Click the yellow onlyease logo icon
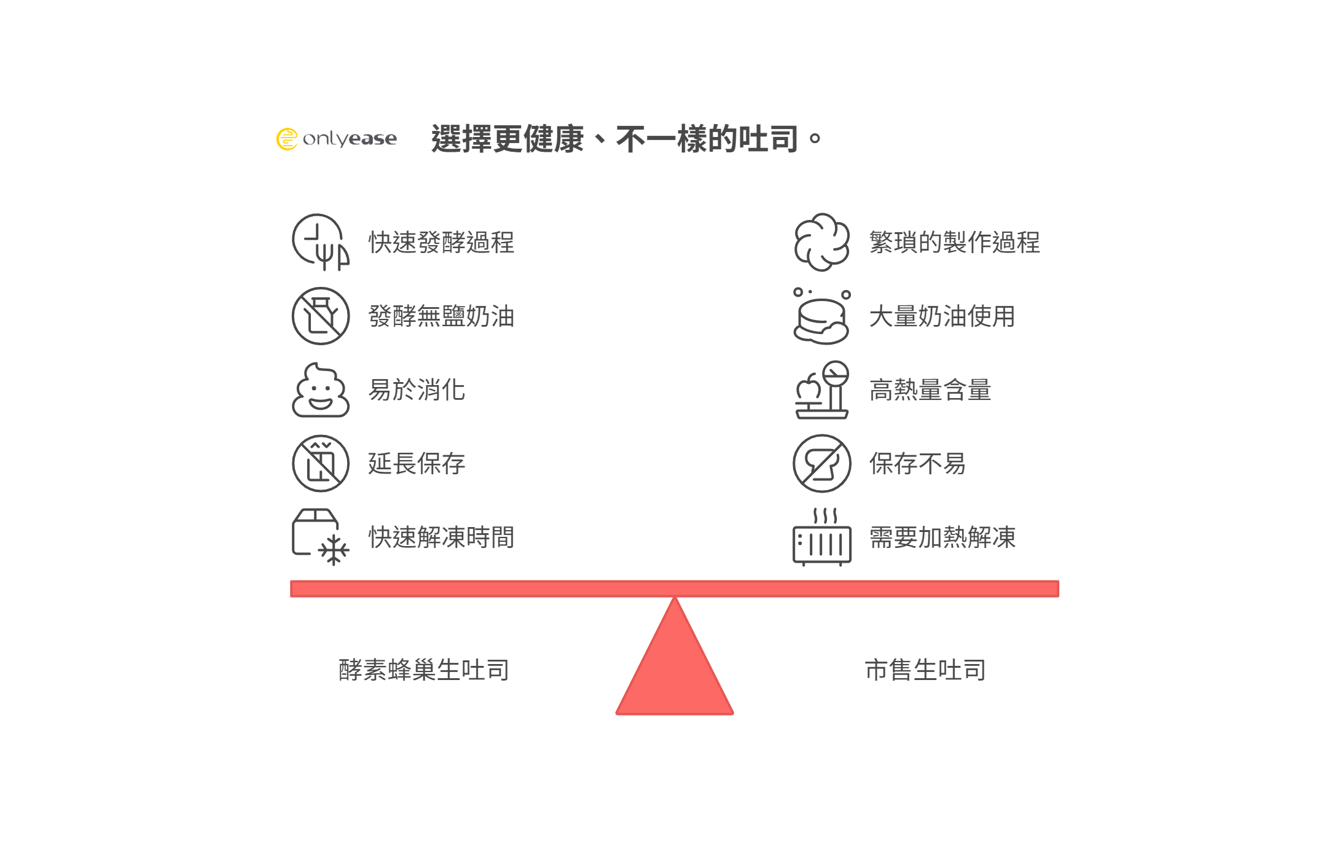287,139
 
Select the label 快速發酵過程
441,243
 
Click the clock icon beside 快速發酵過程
320,242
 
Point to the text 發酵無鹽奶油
441,316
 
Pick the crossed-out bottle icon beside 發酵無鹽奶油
320,316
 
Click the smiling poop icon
320,390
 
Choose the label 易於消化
417,390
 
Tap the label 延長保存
417,464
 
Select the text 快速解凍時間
441,538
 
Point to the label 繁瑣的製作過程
954,243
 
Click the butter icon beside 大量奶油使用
821,317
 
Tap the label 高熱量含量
930,390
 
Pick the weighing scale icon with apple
821,390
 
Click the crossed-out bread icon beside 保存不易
821,464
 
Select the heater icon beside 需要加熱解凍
821,538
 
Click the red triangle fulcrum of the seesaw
675,670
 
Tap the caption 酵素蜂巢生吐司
424,670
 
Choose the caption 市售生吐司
925,670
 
